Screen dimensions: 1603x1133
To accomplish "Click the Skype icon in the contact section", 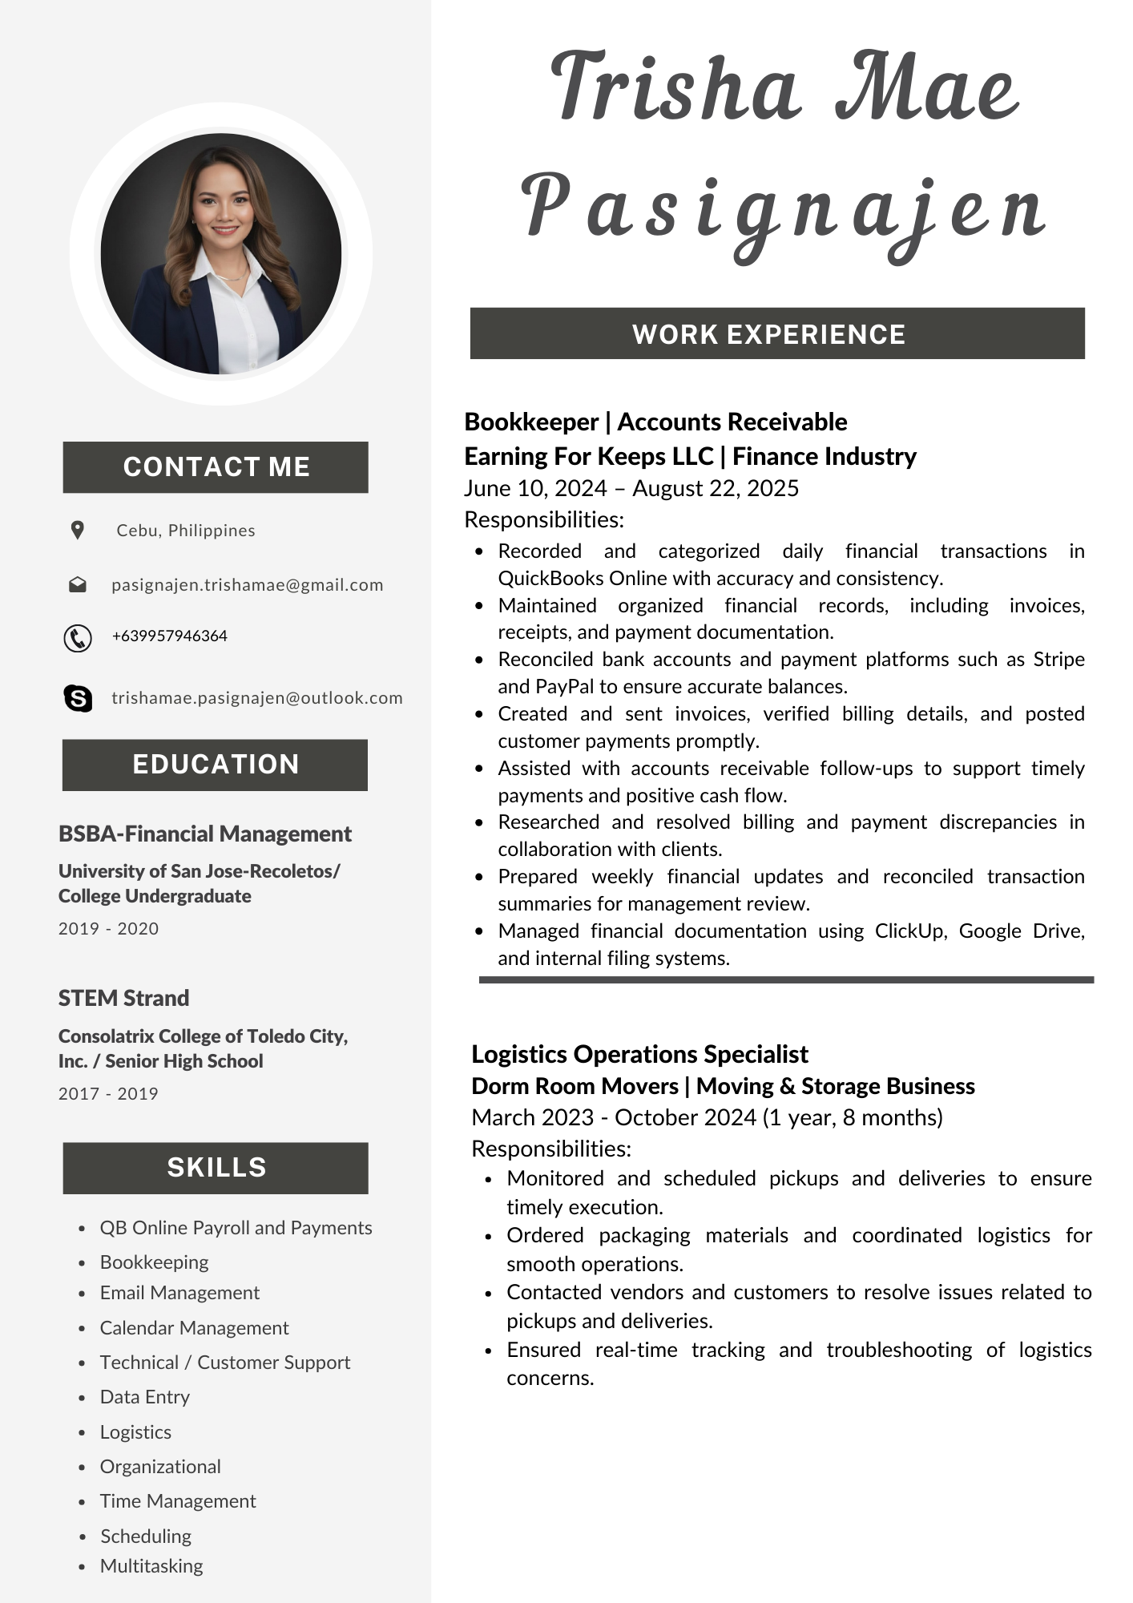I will pyautogui.click(x=78, y=698).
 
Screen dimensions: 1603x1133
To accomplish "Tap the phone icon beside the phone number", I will pyautogui.click(x=78, y=638).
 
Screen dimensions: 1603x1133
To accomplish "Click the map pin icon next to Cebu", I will pyautogui.click(x=78, y=530).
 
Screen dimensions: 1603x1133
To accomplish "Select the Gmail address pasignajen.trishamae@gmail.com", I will pyautogui.click(x=247, y=585).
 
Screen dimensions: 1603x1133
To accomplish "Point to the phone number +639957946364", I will pyautogui.click(x=170, y=636).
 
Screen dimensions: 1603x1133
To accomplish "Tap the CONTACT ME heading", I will pyautogui.click(x=216, y=467).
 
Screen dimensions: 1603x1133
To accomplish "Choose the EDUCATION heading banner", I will pyautogui.click(x=215, y=765).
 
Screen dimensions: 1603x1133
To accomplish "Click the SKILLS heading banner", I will pyautogui.click(x=216, y=1168).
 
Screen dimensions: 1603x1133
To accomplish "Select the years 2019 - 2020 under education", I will pyautogui.click(x=108, y=929).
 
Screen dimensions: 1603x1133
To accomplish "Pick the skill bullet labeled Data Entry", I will pyautogui.click(x=145, y=1397).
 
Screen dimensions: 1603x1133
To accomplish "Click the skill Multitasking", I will pyautogui.click(x=151, y=1566).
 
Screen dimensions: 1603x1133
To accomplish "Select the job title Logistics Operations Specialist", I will pyautogui.click(x=639, y=1054).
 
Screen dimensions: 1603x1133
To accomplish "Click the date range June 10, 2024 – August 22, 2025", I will pyautogui.click(x=631, y=488).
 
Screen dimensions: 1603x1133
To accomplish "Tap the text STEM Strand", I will pyautogui.click(x=123, y=999).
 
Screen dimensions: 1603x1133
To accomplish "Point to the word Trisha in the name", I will pyautogui.click(x=675, y=87).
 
